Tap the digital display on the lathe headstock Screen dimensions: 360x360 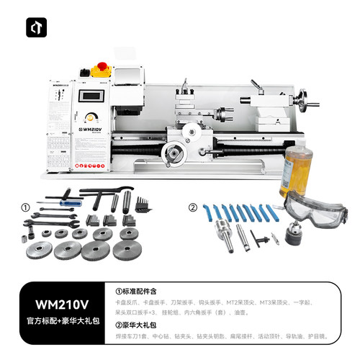[x=90, y=96]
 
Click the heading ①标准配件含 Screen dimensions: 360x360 [x=142, y=292]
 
